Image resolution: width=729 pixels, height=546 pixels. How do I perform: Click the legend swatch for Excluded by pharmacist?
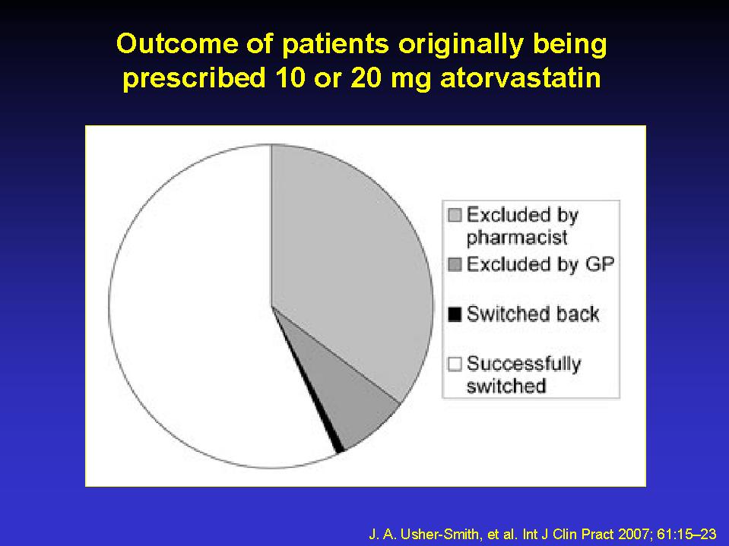pyautogui.click(x=455, y=215)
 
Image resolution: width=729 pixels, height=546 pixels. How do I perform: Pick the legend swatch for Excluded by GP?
pyautogui.click(x=455, y=264)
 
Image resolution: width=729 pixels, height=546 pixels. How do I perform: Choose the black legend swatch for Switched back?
pyautogui.click(x=455, y=314)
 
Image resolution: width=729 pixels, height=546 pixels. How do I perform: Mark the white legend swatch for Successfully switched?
pyautogui.click(x=455, y=364)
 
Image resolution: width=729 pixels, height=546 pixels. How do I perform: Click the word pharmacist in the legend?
pyautogui.click(x=517, y=238)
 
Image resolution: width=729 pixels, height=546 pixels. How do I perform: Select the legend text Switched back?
pyautogui.click(x=533, y=314)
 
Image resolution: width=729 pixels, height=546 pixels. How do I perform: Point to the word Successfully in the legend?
pyautogui.click(x=524, y=364)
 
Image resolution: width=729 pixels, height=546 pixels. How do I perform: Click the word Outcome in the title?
pyautogui.click(x=177, y=43)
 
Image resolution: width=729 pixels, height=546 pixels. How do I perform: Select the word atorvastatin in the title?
pyautogui.click(x=521, y=77)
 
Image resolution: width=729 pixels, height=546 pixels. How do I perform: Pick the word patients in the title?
pyautogui.click(x=335, y=44)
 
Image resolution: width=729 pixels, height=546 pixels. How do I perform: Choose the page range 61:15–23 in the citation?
pyautogui.click(x=686, y=534)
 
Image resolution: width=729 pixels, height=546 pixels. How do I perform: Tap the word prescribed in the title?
pyautogui.click(x=194, y=78)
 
